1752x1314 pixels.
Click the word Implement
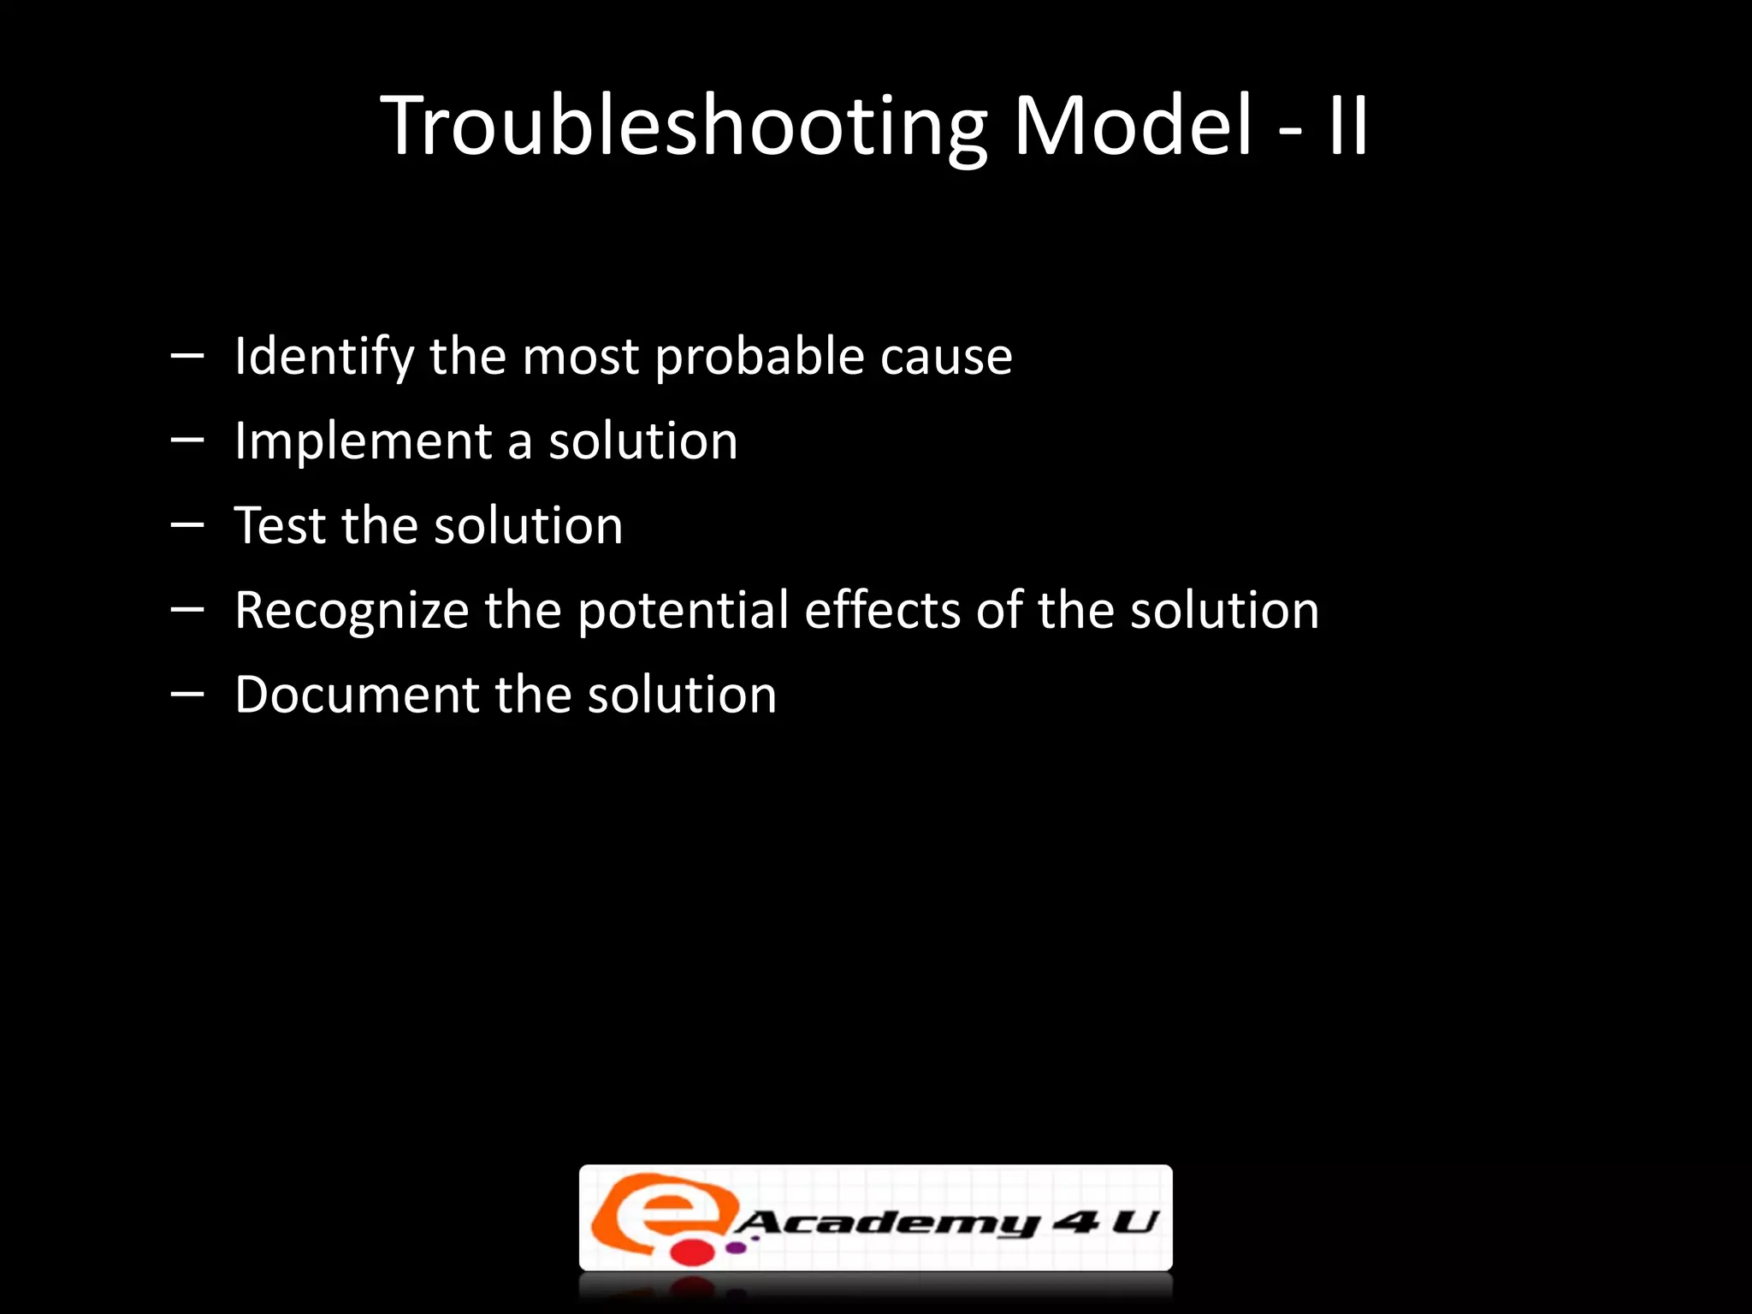tap(363, 441)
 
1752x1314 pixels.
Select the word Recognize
tap(352, 611)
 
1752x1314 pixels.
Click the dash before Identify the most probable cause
tap(186, 355)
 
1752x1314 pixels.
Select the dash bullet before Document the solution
tap(186, 694)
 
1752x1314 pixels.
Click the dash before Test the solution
tap(186, 524)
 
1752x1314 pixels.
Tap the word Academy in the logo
tap(886, 1224)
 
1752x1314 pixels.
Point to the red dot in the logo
tap(691, 1252)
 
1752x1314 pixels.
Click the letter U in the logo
tap(1133, 1222)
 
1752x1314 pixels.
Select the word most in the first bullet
tap(580, 358)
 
